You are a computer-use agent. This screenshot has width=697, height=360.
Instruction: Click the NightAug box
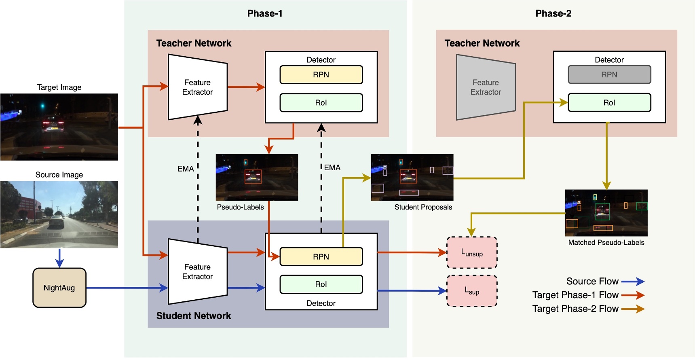[x=59, y=288]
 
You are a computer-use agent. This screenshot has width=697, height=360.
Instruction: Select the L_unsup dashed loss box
[x=472, y=253]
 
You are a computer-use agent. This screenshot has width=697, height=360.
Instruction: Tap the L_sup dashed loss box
[x=472, y=291]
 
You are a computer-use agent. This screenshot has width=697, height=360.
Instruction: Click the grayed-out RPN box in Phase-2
[x=609, y=74]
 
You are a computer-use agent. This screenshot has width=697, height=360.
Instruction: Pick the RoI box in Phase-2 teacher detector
[x=609, y=103]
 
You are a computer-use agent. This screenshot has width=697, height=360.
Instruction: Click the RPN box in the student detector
[x=321, y=257]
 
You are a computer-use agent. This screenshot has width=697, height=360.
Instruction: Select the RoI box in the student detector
[x=321, y=284]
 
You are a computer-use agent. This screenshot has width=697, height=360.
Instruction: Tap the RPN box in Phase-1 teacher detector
[x=321, y=75]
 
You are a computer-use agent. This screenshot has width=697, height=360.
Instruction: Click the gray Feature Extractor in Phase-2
[x=486, y=87]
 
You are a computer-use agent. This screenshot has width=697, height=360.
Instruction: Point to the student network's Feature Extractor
[x=197, y=272]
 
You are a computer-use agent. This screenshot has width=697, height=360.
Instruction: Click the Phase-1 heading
[x=265, y=13]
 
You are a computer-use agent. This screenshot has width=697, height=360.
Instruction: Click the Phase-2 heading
[x=553, y=13]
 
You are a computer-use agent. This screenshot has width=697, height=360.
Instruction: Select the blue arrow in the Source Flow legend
[x=633, y=282]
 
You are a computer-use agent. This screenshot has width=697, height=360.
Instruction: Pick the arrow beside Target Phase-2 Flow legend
[x=633, y=309]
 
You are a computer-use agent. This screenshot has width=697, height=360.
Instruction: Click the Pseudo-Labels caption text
[x=240, y=207]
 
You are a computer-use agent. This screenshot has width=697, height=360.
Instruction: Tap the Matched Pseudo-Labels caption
[x=606, y=243]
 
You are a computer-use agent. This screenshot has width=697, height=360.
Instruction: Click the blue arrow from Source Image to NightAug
[x=59, y=258]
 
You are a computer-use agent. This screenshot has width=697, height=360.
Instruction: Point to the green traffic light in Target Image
[x=42, y=106]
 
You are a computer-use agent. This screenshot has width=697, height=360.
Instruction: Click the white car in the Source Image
[x=57, y=222]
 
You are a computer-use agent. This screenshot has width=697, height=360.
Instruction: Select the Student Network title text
[x=193, y=316]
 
